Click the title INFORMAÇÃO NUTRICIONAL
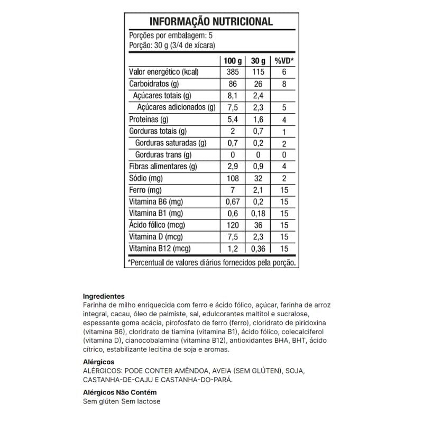[211, 22]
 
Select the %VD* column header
[284, 60]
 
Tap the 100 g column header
[232, 60]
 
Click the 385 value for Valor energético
[232, 72]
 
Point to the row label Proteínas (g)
[149, 119]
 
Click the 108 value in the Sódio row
[232, 178]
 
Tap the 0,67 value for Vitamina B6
[232, 201]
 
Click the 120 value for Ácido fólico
[232, 225]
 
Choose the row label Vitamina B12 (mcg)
[160, 249]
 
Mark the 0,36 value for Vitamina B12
[258, 249]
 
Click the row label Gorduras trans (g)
[163, 155]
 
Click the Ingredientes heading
[104, 297]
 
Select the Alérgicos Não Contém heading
[120, 393]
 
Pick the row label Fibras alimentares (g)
[163, 167]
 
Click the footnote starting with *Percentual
[212, 262]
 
